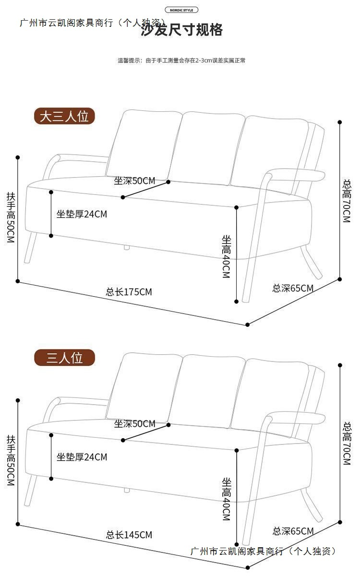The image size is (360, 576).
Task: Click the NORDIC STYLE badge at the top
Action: [x=181, y=10]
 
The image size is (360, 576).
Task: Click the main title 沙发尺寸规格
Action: [x=182, y=30]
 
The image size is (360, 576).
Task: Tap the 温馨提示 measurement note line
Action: [x=181, y=60]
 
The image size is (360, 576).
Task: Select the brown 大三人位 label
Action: [x=64, y=117]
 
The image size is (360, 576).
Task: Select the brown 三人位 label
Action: [x=64, y=358]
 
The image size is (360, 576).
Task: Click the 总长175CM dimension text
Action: [x=129, y=292]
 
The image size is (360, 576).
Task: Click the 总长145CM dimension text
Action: [x=129, y=535]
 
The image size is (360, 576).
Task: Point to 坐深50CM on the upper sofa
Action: [x=134, y=180]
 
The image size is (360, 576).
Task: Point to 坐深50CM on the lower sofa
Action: [x=134, y=424]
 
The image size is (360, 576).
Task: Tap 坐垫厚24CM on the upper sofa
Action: [x=82, y=214]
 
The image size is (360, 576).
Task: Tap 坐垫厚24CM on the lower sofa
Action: [x=82, y=457]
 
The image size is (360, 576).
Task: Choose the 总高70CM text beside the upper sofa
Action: [x=347, y=201]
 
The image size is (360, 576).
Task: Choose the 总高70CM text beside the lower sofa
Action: [x=347, y=444]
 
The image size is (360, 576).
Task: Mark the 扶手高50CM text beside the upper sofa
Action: [x=11, y=217]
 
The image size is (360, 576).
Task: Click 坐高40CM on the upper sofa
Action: [x=227, y=256]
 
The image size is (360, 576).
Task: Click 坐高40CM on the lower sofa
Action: [x=227, y=499]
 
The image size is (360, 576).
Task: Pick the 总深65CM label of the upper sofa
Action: [x=293, y=288]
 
